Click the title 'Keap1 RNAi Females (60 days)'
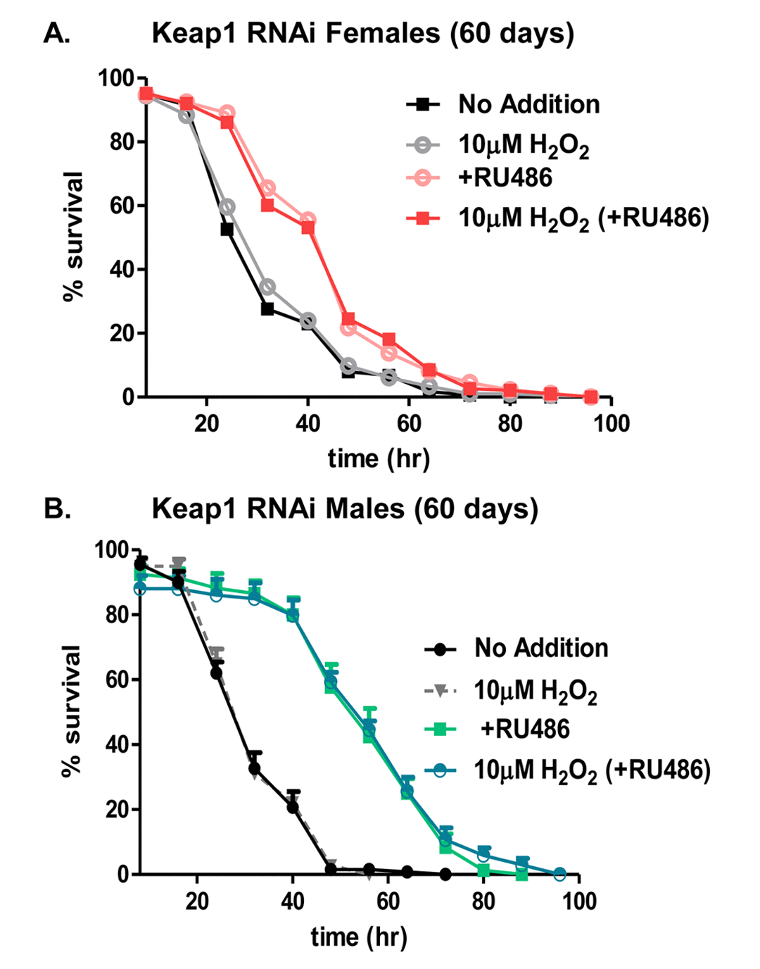point(362,34)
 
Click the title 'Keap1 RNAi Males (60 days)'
point(345,508)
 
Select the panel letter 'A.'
point(57,34)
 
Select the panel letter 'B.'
point(57,508)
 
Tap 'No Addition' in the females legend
point(528,104)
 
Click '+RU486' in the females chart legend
point(505,177)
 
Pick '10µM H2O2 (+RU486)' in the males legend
point(592,770)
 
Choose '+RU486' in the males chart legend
point(524,729)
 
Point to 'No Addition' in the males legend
point(540,648)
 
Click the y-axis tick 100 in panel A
point(115,78)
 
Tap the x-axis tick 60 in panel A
point(409,424)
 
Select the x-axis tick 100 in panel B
point(578,901)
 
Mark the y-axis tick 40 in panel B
point(117,744)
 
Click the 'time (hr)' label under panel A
point(379,458)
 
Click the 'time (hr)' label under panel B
point(359,937)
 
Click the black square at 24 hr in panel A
point(227,229)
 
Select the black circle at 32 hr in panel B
point(255,768)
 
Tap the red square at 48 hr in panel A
point(348,320)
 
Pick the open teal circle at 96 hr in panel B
point(559,875)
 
